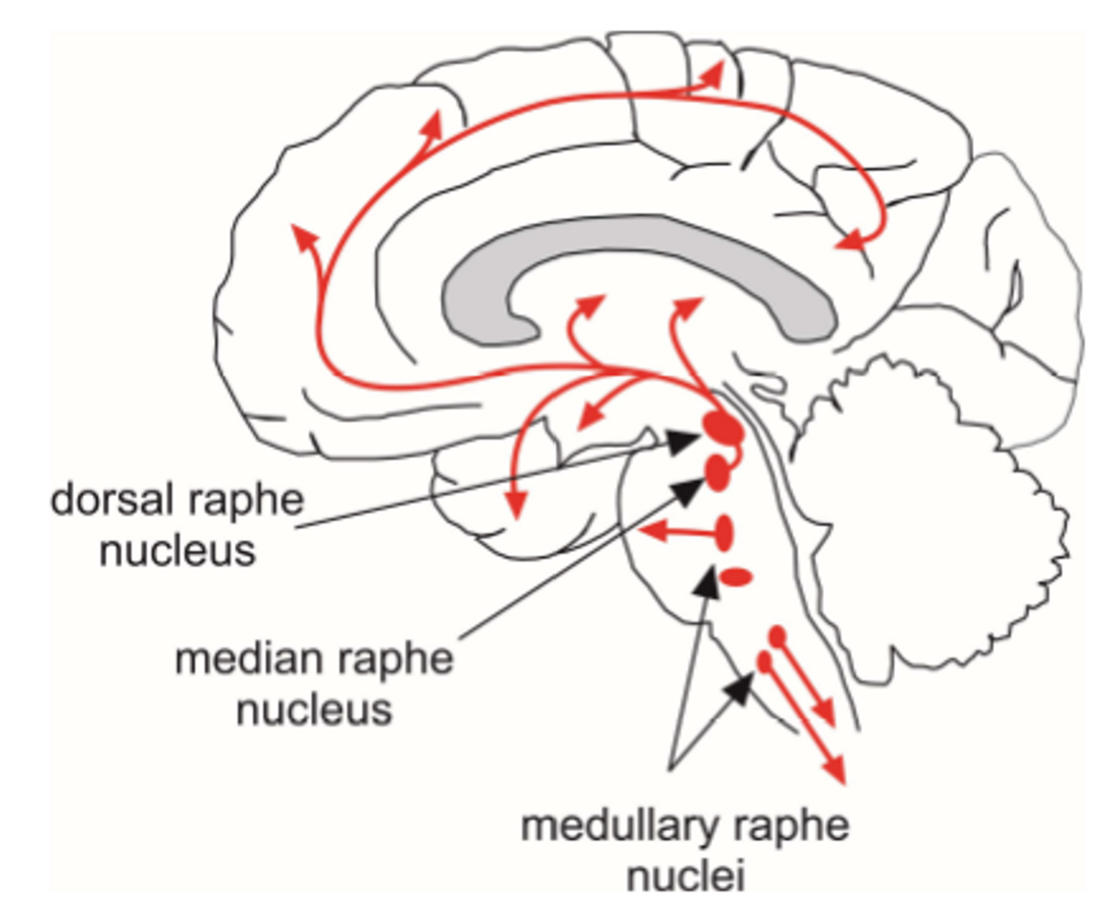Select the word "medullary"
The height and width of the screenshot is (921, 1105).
pyautogui.click(x=613, y=826)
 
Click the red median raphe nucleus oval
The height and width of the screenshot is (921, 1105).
pyautogui.click(x=717, y=472)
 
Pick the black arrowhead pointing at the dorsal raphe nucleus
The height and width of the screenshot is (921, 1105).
pyautogui.click(x=684, y=440)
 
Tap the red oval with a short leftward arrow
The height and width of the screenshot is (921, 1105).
pyautogui.click(x=725, y=534)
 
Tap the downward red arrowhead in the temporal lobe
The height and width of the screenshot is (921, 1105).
pyautogui.click(x=515, y=507)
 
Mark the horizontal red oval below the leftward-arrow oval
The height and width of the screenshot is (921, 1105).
pyautogui.click(x=736, y=577)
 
